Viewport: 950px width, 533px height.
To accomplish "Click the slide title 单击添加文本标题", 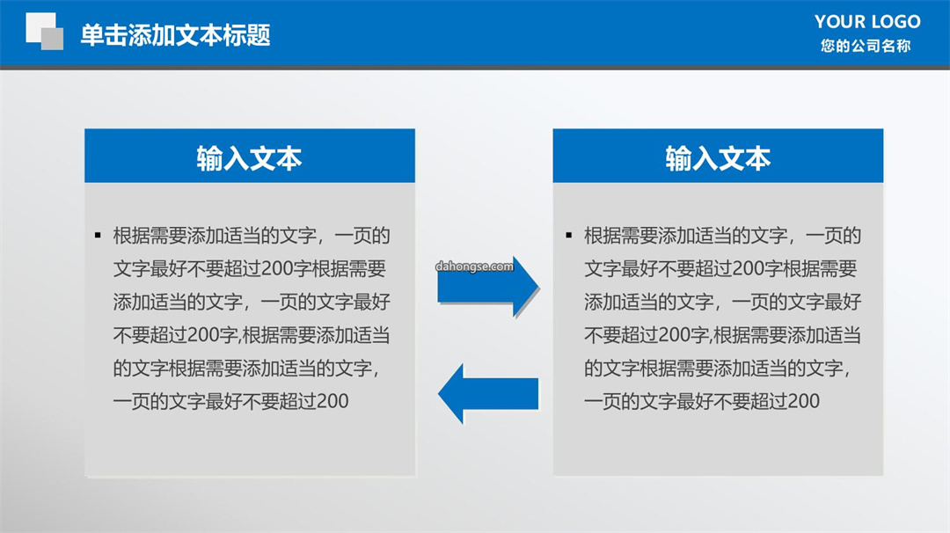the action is (175, 35).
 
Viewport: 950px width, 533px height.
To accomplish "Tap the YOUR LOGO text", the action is (867, 22).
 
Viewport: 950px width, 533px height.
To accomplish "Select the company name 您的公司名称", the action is (866, 46).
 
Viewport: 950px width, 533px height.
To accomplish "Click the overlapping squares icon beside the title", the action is (44, 31).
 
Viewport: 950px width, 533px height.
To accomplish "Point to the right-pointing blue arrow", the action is (487, 287).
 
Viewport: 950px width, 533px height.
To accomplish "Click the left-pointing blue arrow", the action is (488, 394).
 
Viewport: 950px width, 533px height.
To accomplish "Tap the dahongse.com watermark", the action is (474, 266).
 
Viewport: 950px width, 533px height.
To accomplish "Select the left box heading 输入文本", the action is (249, 158).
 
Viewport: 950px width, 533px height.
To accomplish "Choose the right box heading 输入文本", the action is (718, 158).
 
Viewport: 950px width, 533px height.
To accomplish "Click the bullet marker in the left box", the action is (98, 235).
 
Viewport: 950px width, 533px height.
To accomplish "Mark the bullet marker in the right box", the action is (568, 235).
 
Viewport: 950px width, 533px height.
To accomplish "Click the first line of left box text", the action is (252, 236).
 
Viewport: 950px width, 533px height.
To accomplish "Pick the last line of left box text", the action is (230, 401).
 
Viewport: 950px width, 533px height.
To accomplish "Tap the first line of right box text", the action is (722, 236).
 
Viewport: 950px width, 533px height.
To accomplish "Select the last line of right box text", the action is (702, 401).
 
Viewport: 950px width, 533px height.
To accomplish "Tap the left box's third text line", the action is (252, 302).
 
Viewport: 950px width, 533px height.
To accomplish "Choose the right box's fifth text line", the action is (718, 369).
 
